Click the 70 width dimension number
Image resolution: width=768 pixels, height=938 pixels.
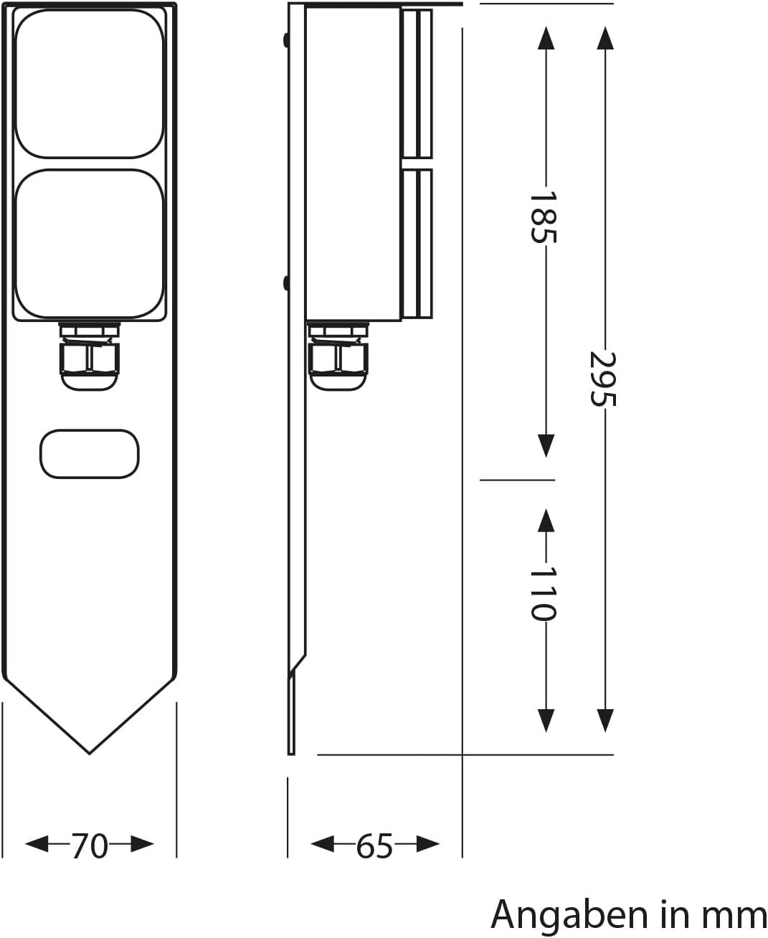pyautogui.click(x=90, y=846)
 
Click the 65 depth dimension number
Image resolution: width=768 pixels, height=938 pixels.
pyautogui.click(x=375, y=846)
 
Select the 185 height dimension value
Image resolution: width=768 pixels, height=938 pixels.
pyautogui.click(x=544, y=217)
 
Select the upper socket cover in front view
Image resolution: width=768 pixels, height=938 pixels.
pyautogui.click(x=90, y=83)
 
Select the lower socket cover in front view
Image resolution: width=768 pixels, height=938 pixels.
pyautogui.click(x=90, y=244)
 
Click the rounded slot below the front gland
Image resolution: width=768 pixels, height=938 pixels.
pyautogui.click(x=90, y=454)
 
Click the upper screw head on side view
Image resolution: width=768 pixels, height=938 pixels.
pyautogui.click(x=286, y=40)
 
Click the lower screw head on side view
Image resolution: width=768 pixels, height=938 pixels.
pyautogui.click(x=286, y=283)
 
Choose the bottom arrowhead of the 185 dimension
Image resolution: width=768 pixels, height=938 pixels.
pyautogui.click(x=546, y=446)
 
